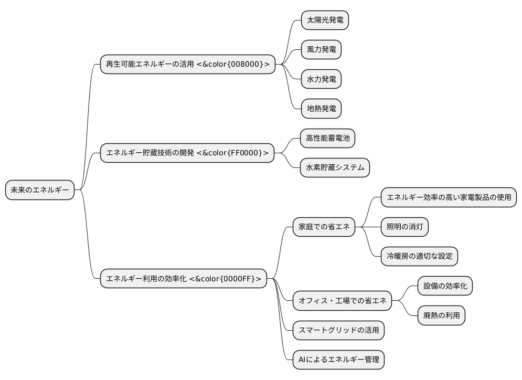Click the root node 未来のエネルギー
click(x=39, y=190)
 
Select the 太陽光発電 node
click(x=325, y=20)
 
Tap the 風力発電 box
click(x=321, y=50)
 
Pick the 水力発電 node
click(x=321, y=80)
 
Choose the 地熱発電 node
click(x=321, y=109)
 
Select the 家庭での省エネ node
click(x=324, y=227)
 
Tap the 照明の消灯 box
click(x=404, y=227)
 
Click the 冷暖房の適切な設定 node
click(x=419, y=257)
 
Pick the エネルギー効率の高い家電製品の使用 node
click(x=449, y=198)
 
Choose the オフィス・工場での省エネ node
click(x=342, y=301)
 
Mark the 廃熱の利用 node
click(x=442, y=315)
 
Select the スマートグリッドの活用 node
click(x=338, y=330)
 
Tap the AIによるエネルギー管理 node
click(x=338, y=360)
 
